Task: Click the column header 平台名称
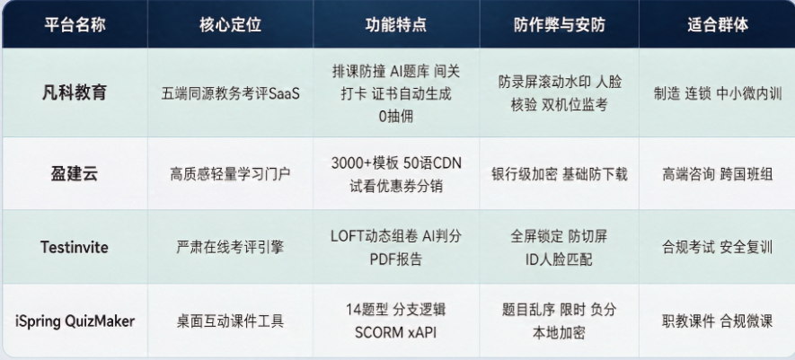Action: [75, 25]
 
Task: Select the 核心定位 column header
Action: [230, 25]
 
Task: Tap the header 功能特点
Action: [396, 25]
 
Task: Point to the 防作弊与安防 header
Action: [560, 25]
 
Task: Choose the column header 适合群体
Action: [718, 25]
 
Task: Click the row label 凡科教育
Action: [75, 92]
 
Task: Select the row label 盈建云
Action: [75, 174]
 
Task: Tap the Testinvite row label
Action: [75, 248]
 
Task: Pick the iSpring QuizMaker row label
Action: [75, 321]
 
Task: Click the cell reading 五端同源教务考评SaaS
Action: [231, 93]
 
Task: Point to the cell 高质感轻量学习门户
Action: [230, 174]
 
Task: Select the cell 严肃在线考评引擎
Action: [230, 248]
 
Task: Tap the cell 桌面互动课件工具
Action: [230, 321]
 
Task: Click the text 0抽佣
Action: [396, 117]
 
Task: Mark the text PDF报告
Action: [396, 259]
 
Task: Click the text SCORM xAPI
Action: [396, 333]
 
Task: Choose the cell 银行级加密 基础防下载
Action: [560, 174]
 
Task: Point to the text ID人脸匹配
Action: [560, 259]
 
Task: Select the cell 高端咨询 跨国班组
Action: [718, 174]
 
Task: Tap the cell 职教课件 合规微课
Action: [718, 321]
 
